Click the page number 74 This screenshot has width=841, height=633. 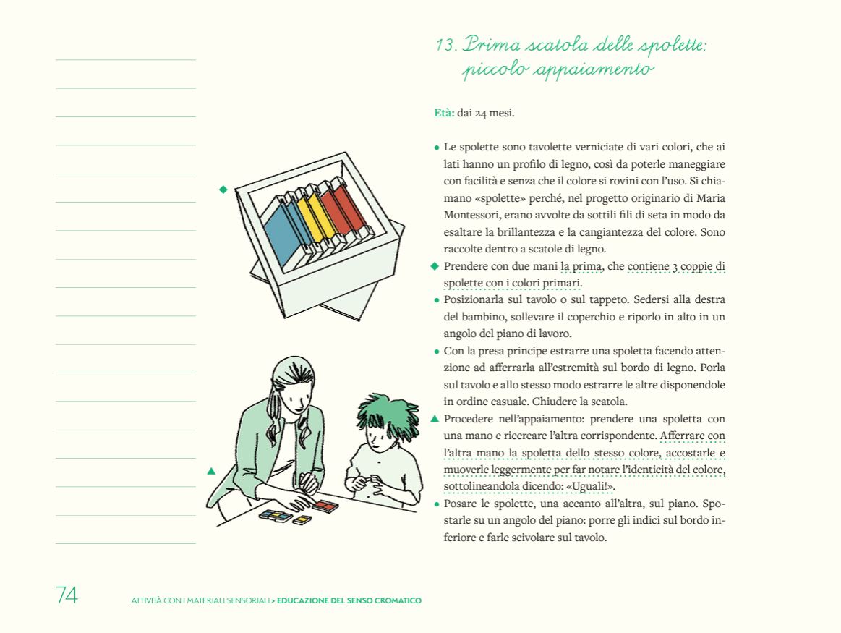(67, 595)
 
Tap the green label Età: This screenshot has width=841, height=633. (443, 113)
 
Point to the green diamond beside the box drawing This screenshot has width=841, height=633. (223, 190)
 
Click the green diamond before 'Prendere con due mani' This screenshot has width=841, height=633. (435, 266)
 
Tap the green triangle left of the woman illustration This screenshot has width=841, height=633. (211, 471)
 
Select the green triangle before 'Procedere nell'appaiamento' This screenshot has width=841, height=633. (435, 418)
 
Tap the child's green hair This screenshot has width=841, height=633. (383, 415)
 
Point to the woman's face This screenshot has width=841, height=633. (295, 394)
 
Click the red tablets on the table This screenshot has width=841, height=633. (325, 506)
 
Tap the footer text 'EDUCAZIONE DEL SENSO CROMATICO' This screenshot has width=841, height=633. (349, 600)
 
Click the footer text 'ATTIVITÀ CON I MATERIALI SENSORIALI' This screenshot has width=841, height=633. (200, 600)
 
